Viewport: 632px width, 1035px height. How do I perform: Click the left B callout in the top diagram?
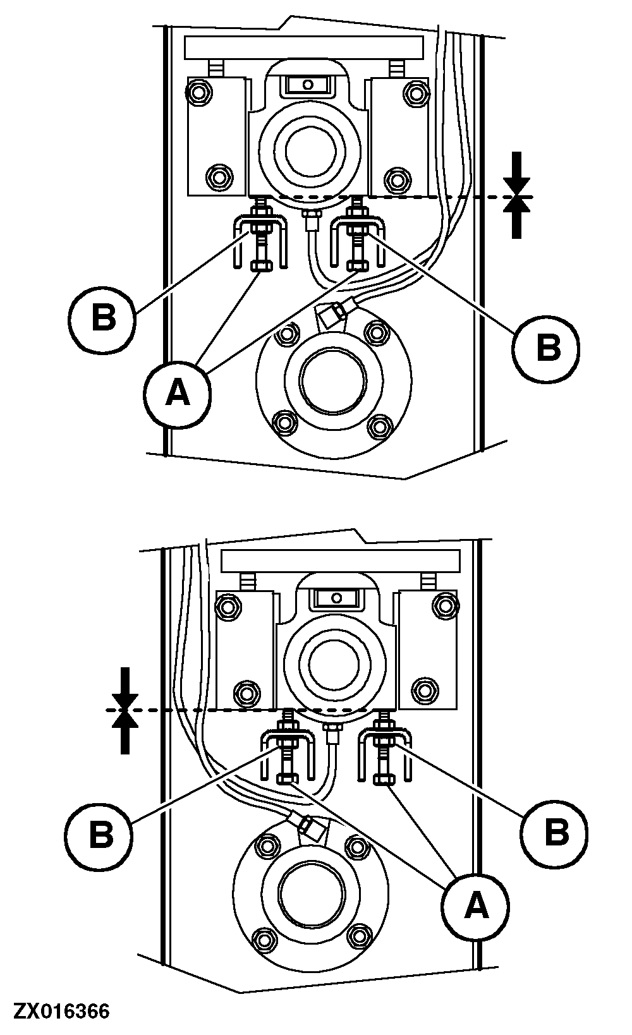click(x=104, y=317)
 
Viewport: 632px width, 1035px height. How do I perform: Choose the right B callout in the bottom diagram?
click(x=556, y=832)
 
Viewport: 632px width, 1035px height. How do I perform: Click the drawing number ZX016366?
click(x=61, y=1011)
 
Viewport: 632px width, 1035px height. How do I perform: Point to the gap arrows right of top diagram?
click(x=518, y=196)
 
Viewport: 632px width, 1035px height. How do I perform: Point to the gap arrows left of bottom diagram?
click(x=125, y=710)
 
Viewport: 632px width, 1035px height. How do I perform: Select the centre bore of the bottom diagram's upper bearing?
click(x=336, y=663)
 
